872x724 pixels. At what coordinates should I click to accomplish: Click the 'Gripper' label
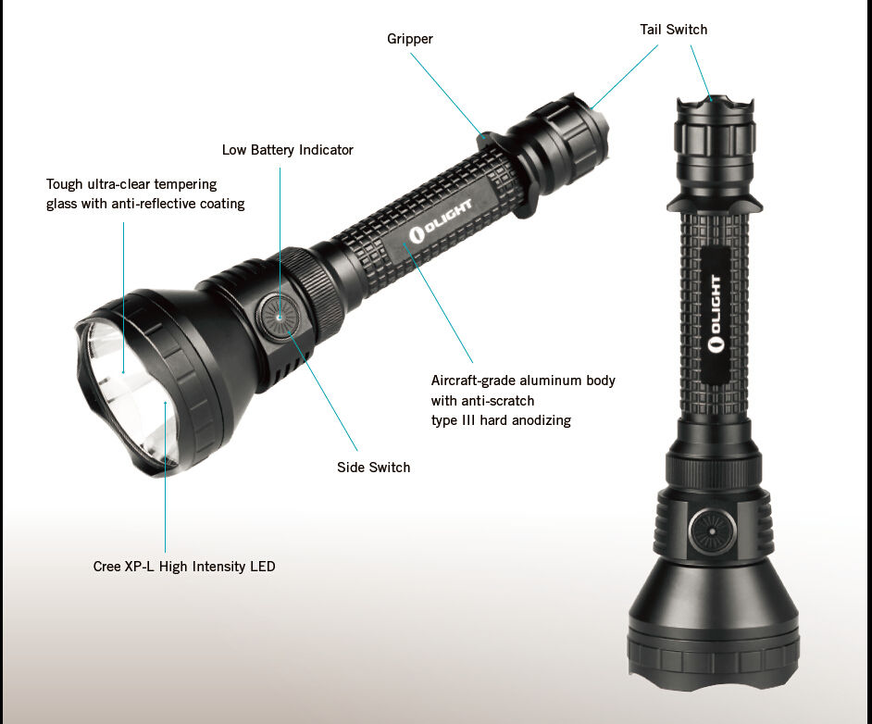point(410,39)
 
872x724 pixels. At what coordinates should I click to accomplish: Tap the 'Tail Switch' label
point(674,30)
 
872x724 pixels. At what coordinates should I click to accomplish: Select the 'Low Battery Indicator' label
point(288,150)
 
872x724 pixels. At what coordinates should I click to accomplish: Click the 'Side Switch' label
point(373,468)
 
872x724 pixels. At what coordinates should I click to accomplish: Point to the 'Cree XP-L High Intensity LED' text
point(184,566)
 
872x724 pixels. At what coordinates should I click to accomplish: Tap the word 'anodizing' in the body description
point(542,419)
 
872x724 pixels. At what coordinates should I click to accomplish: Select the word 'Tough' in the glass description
point(63,184)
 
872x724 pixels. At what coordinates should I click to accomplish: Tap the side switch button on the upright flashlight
point(713,531)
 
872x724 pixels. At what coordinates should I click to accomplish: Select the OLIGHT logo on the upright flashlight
point(716,314)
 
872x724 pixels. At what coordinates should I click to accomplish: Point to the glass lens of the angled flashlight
point(129,392)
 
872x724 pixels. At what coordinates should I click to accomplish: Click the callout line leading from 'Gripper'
point(447,94)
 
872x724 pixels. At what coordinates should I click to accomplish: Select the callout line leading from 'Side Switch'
point(323,391)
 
